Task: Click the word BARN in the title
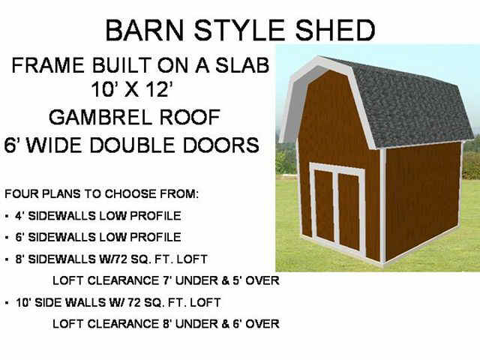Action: click(144, 30)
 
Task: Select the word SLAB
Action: click(242, 65)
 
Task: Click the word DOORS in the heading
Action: click(220, 145)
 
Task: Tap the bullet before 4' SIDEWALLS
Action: click(7, 216)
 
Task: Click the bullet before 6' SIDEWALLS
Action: click(7, 238)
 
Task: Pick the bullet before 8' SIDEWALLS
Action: click(7, 259)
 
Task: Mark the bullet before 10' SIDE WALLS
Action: click(7, 303)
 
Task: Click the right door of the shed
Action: click(349, 211)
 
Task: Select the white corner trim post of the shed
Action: click(382, 205)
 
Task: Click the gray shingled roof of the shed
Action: click(410, 104)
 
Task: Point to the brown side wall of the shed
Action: click(423, 199)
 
